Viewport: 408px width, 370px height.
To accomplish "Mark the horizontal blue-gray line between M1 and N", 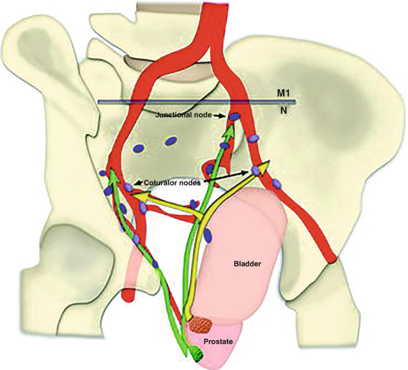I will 197,102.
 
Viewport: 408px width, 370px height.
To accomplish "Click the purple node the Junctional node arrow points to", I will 234,117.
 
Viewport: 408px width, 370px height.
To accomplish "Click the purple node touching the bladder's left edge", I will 207,236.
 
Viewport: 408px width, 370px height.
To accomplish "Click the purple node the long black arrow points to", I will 256,171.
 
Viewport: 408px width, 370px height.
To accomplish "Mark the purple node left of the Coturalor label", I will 129,187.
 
